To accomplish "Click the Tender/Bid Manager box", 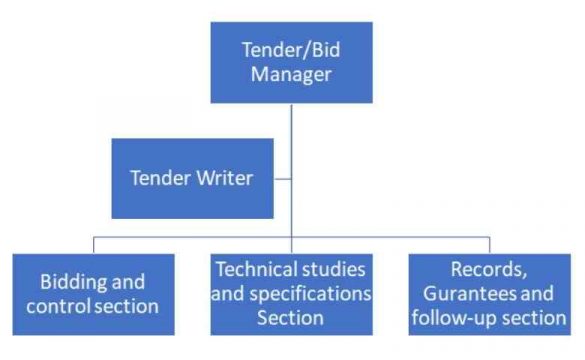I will (292, 62).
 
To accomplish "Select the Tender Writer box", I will (192, 178).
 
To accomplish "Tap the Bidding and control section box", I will (93, 293).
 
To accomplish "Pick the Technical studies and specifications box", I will (292, 293).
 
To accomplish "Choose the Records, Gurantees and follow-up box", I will (490, 293).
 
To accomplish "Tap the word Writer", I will (226, 179).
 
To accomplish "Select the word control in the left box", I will (63, 305).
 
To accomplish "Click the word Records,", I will (490, 270).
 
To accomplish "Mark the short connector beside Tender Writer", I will (282, 179).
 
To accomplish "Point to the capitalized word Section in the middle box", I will (292, 318).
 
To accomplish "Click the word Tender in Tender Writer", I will (164, 179).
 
